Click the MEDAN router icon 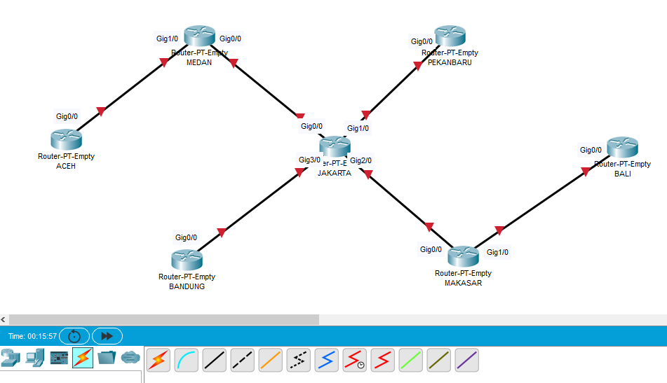click(200, 37)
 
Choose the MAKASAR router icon click(463, 257)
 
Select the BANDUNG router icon click(187, 260)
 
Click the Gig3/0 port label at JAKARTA click(309, 160)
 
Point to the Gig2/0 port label click(361, 160)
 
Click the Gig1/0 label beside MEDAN click(167, 39)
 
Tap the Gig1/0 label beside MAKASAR click(497, 252)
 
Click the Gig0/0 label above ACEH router click(67, 116)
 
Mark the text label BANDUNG click(187, 286)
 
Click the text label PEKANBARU click(450, 62)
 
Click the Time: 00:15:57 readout click(32, 336)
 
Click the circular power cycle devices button click(74, 336)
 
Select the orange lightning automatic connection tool click(159, 360)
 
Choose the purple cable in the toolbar click(467, 360)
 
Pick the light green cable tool click(411, 360)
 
